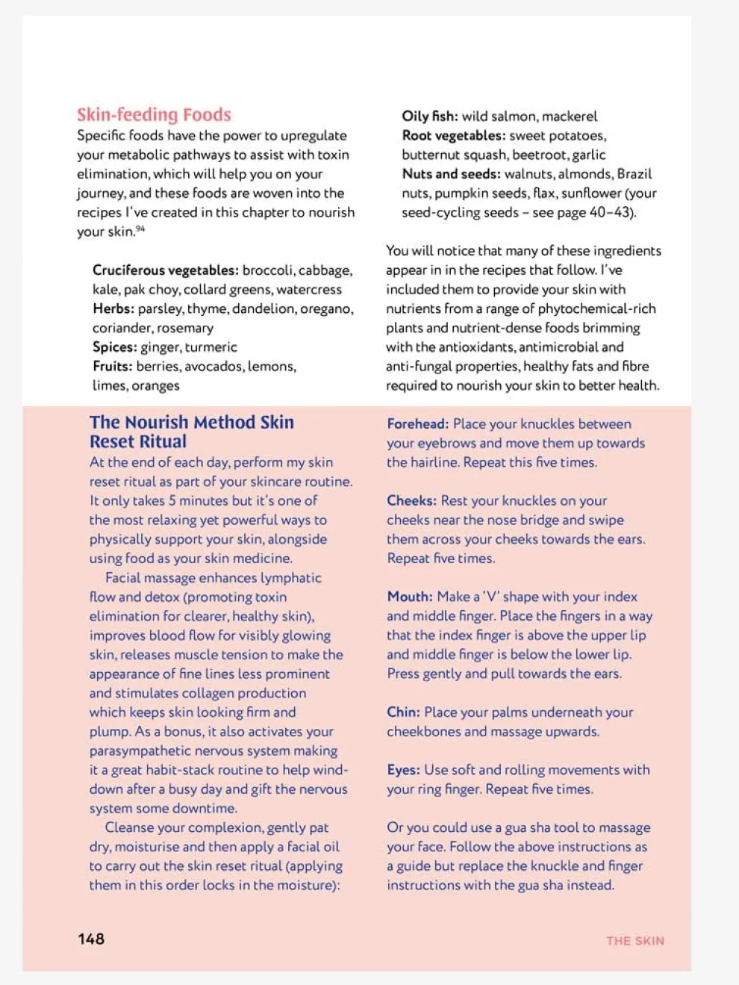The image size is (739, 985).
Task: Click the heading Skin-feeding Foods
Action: (x=154, y=114)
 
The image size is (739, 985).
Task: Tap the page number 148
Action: (x=91, y=939)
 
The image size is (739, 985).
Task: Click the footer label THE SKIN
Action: (x=634, y=941)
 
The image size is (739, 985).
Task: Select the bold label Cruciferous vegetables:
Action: (x=165, y=270)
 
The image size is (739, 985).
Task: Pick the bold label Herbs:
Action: (x=113, y=308)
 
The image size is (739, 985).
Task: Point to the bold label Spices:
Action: (x=114, y=347)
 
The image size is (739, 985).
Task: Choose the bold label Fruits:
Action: (x=112, y=367)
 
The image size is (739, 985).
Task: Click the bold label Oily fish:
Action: (x=429, y=116)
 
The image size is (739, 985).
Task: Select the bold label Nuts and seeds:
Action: (x=451, y=174)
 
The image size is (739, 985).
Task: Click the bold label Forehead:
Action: (x=417, y=424)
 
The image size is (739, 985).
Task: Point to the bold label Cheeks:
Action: (x=411, y=501)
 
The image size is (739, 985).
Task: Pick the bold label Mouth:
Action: (x=409, y=597)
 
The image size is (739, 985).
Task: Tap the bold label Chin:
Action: (x=403, y=712)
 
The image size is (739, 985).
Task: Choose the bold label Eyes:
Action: (x=403, y=770)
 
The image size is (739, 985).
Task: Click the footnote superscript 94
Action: (x=140, y=229)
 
